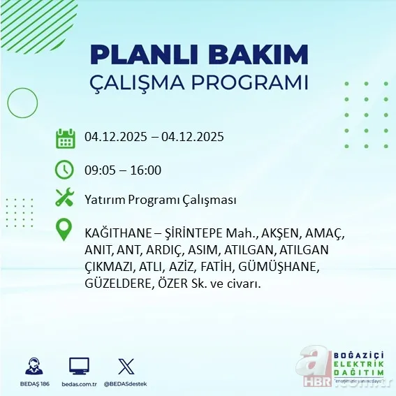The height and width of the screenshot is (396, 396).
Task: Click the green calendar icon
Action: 65,138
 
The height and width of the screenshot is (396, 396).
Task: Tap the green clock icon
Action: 65,170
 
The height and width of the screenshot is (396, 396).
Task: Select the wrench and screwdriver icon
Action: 65,198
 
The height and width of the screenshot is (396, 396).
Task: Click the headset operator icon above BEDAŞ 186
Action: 34,367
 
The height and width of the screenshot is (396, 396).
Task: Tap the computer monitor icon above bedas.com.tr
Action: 79,366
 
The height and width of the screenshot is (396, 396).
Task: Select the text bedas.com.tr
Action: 79,383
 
